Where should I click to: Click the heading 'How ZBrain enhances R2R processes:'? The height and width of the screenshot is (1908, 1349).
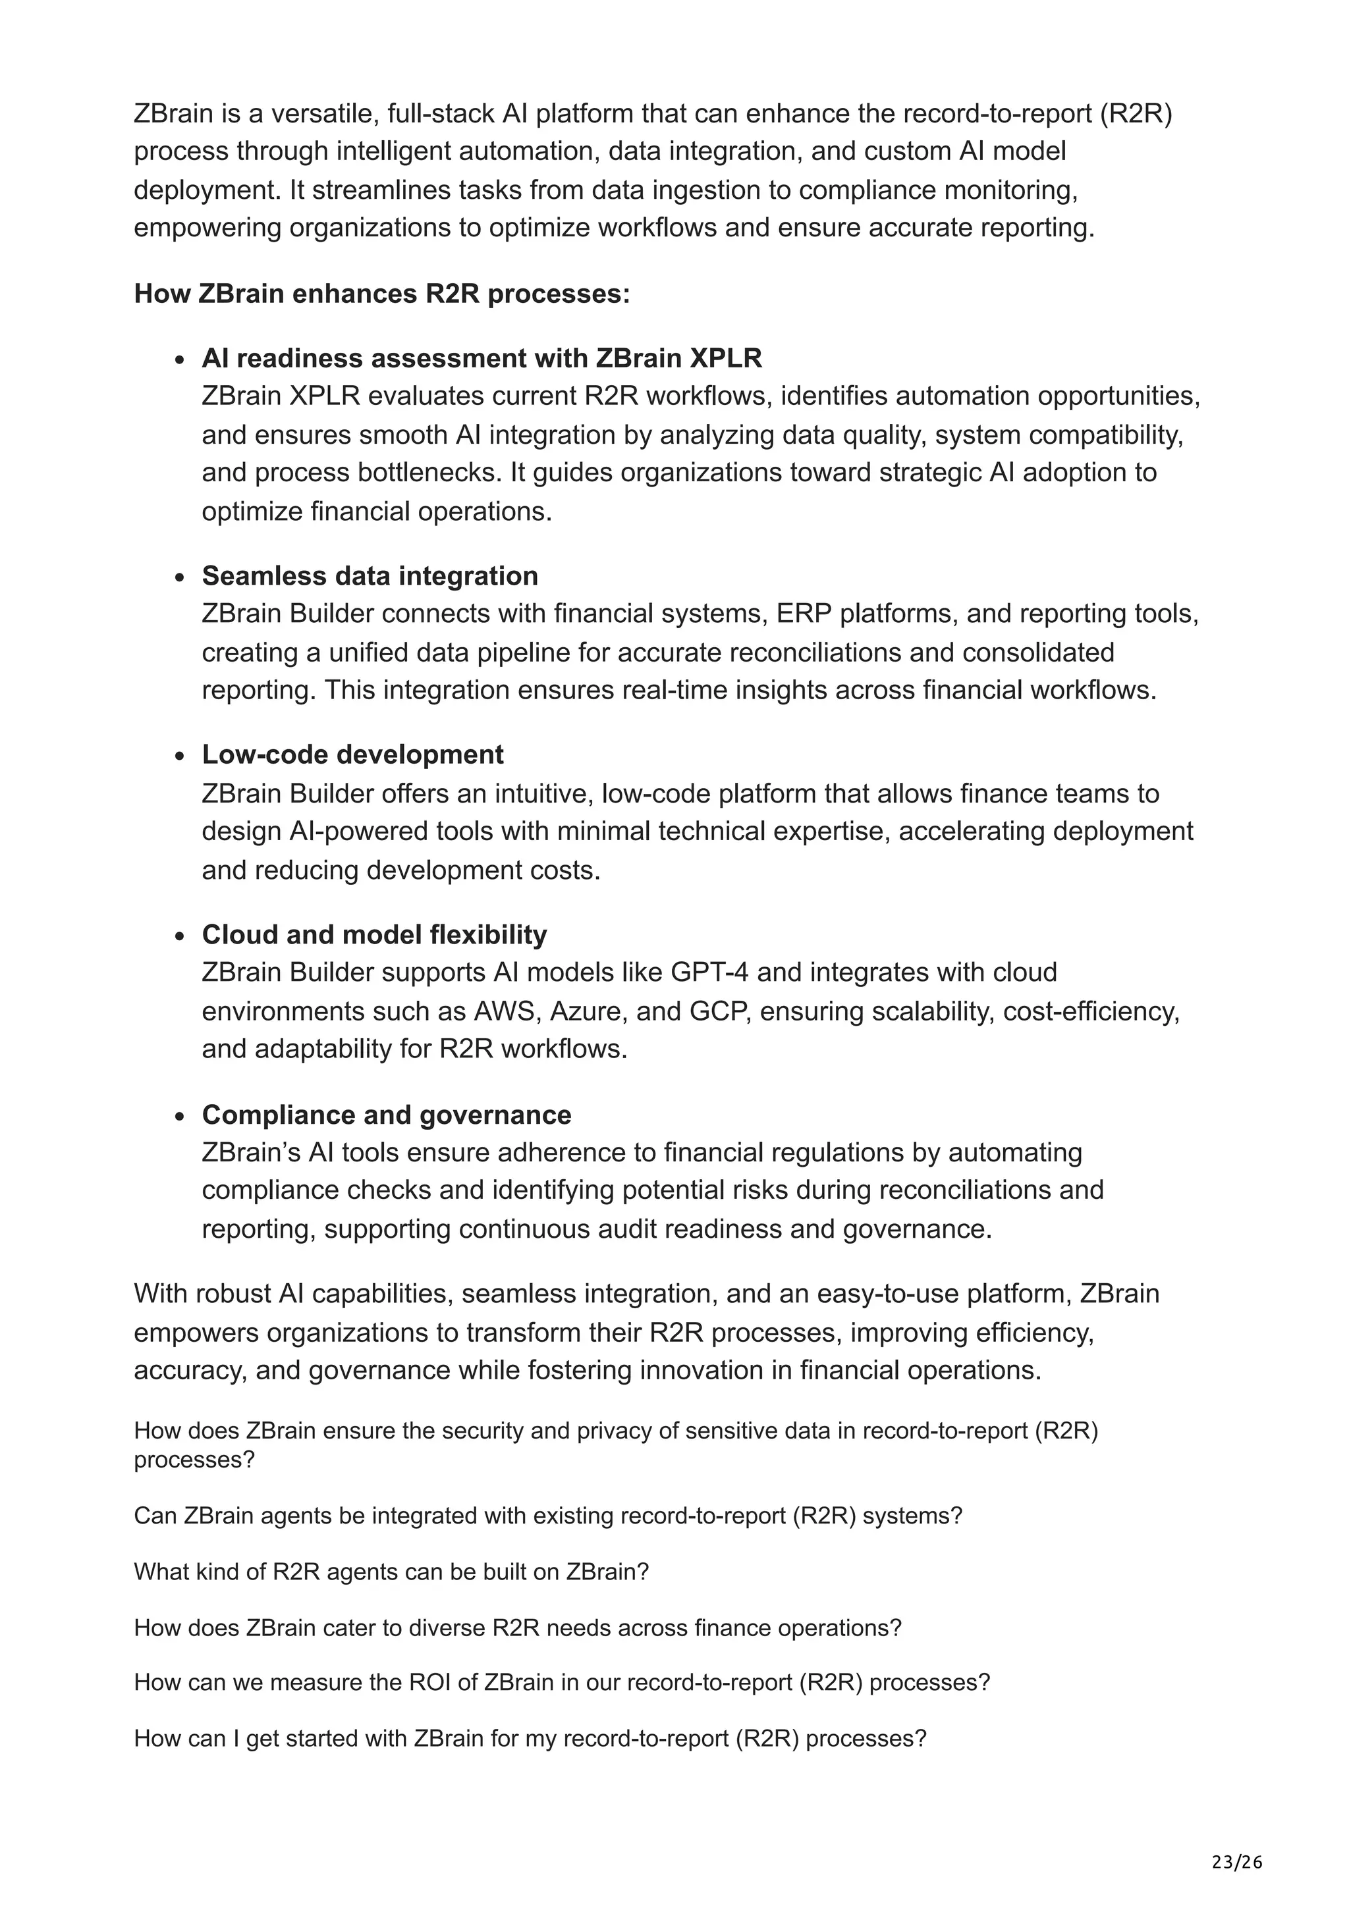coord(382,294)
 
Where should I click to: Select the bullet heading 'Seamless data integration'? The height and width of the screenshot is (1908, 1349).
coord(370,576)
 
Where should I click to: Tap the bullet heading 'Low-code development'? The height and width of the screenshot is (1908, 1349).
coord(352,755)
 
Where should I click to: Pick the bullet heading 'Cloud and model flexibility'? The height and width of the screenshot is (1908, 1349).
coord(374,935)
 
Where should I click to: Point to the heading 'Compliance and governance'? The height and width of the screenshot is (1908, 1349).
coord(387,1115)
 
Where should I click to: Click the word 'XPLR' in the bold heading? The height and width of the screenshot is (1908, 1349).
coord(726,358)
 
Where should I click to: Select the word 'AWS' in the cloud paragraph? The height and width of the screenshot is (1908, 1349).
coord(506,1011)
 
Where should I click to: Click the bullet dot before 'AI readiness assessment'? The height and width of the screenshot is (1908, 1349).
coord(180,361)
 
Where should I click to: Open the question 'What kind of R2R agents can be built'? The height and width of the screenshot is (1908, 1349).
coord(391,1572)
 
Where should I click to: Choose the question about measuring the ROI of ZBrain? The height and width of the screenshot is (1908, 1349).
coord(562,1683)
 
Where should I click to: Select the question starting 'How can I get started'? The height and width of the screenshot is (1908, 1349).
coord(530,1739)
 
